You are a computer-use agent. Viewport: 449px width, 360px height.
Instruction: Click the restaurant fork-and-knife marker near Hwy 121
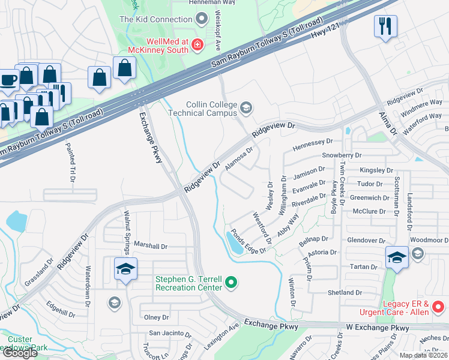tap(384, 27)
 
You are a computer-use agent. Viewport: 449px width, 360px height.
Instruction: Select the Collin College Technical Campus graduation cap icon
tap(246, 108)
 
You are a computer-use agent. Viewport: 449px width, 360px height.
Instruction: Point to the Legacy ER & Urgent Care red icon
tap(439, 308)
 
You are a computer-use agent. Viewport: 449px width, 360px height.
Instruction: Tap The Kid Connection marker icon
tap(202, 19)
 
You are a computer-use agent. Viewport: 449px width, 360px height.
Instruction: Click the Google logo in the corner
tap(20, 352)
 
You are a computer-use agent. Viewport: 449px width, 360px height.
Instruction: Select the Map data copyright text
tap(423, 355)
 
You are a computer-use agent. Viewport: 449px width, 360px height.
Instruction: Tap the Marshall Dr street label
tap(150, 246)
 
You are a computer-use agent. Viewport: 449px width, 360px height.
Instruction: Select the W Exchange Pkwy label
tap(378, 328)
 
